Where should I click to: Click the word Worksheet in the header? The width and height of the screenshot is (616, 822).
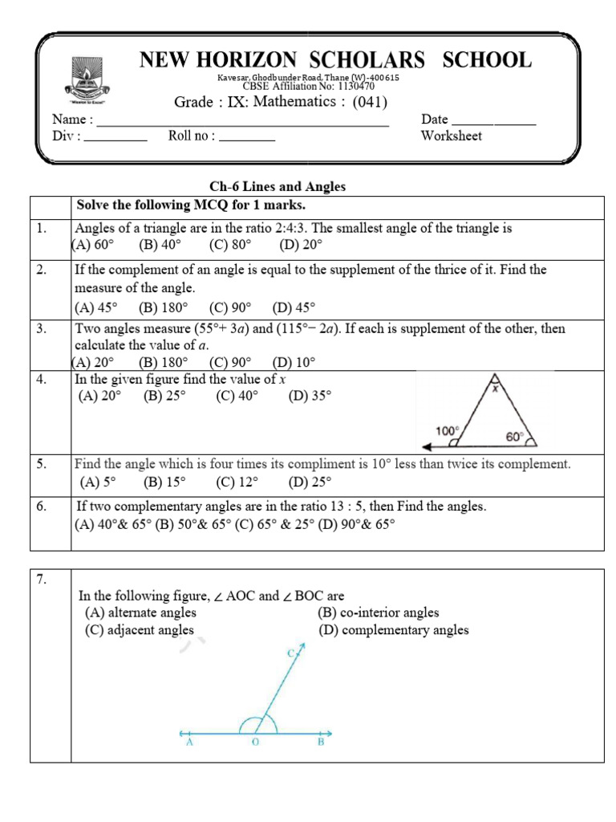tap(452, 136)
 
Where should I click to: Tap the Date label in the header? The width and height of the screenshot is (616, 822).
tap(435, 119)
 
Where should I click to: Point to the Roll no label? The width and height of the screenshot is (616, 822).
tap(192, 136)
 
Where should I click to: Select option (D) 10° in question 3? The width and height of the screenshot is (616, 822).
tap(294, 361)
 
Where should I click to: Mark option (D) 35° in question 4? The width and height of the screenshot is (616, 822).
tap(309, 396)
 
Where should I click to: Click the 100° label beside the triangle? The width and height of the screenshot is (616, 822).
tap(446, 430)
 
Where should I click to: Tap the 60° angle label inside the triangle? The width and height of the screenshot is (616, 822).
tap(513, 437)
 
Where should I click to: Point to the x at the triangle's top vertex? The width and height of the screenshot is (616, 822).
tap(495, 389)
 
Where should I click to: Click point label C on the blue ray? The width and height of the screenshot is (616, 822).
tap(292, 654)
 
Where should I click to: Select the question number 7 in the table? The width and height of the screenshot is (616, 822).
tap(42, 578)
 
